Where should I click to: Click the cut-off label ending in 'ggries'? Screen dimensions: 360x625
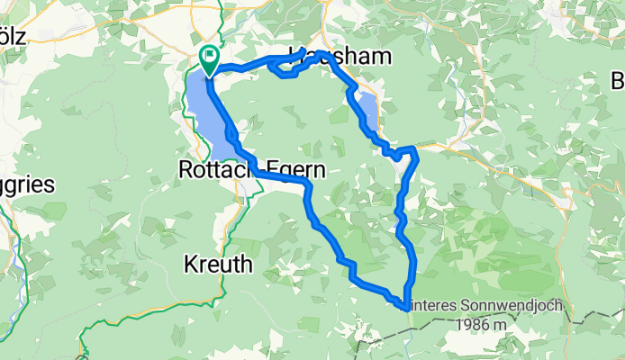pos(27,186)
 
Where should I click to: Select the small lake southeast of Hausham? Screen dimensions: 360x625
pos(369,110)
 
